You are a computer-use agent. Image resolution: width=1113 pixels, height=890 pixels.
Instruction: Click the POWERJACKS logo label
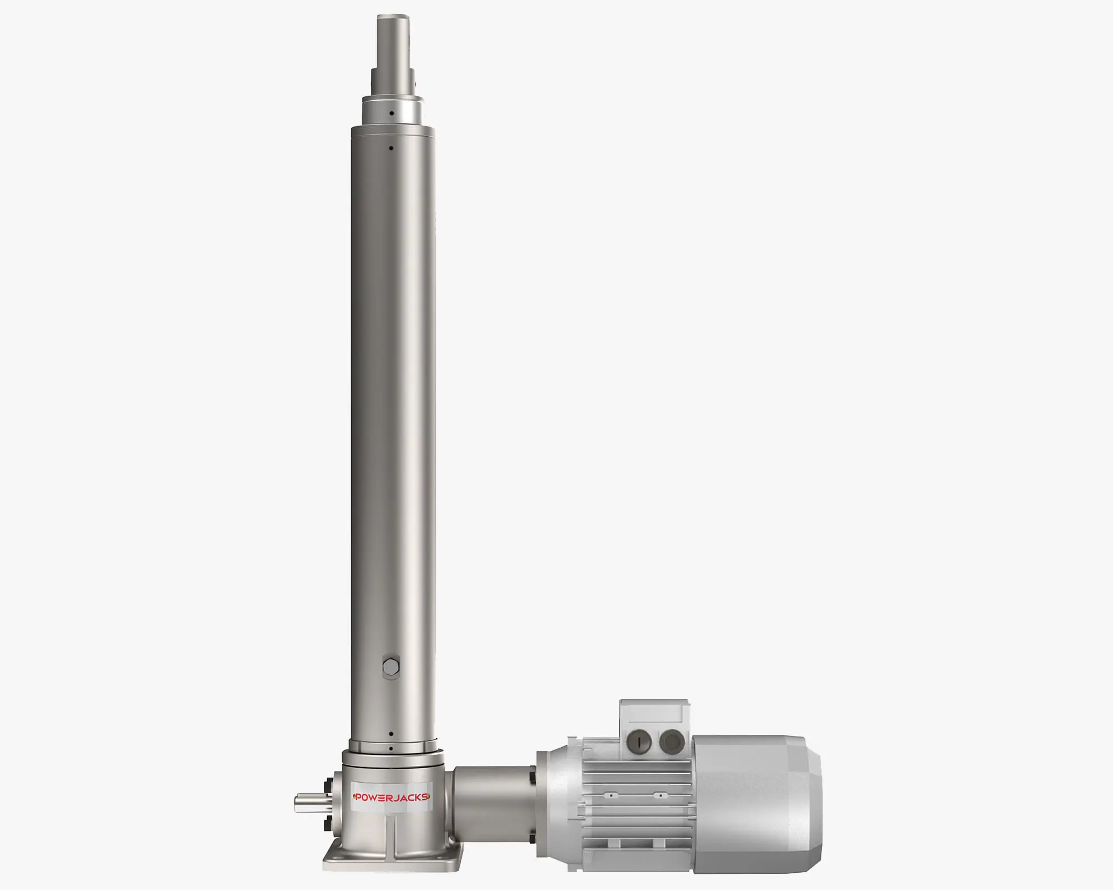(391, 797)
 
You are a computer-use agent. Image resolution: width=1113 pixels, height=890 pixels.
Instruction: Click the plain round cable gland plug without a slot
(672, 741)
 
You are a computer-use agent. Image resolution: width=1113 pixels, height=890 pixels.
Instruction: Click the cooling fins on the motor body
(634, 801)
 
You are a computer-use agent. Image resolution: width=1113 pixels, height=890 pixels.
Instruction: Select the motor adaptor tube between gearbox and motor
(493, 801)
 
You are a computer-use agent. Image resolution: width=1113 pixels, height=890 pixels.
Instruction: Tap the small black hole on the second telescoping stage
(391, 113)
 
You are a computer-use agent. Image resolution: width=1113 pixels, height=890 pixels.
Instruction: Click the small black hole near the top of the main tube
(391, 148)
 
